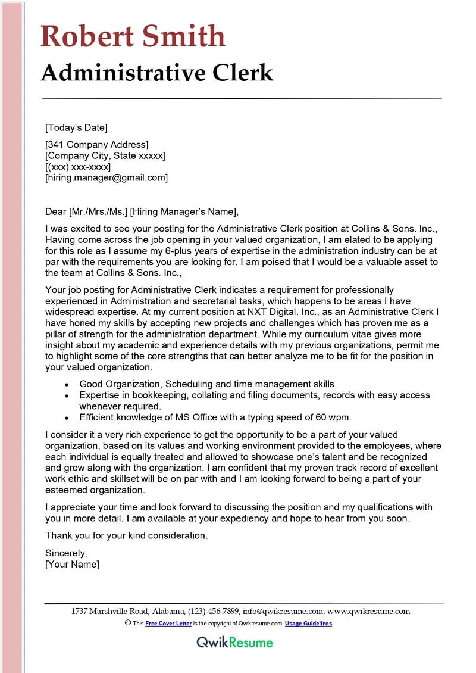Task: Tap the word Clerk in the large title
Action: (x=240, y=73)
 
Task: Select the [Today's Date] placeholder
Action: (x=76, y=127)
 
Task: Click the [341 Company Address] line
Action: (x=96, y=144)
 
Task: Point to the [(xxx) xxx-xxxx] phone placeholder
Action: (x=77, y=167)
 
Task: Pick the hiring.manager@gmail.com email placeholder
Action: (x=107, y=177)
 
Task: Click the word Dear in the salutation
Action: (x=56, y=211)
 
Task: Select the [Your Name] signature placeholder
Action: (x=72, y=564)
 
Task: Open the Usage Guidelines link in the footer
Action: (x=308, y=624)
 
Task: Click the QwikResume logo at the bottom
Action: (x=234, y=643)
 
